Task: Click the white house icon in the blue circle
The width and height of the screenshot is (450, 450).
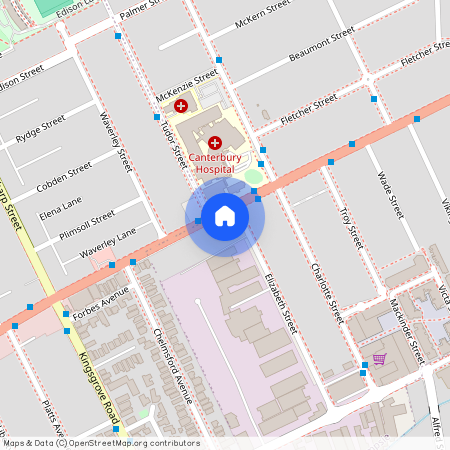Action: pos(225,216)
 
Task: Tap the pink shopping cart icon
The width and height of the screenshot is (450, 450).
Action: pos(379,358)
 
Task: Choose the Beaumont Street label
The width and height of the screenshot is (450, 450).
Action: pos(321,45)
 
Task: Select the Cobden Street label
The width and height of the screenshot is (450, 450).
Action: pos(64,176)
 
